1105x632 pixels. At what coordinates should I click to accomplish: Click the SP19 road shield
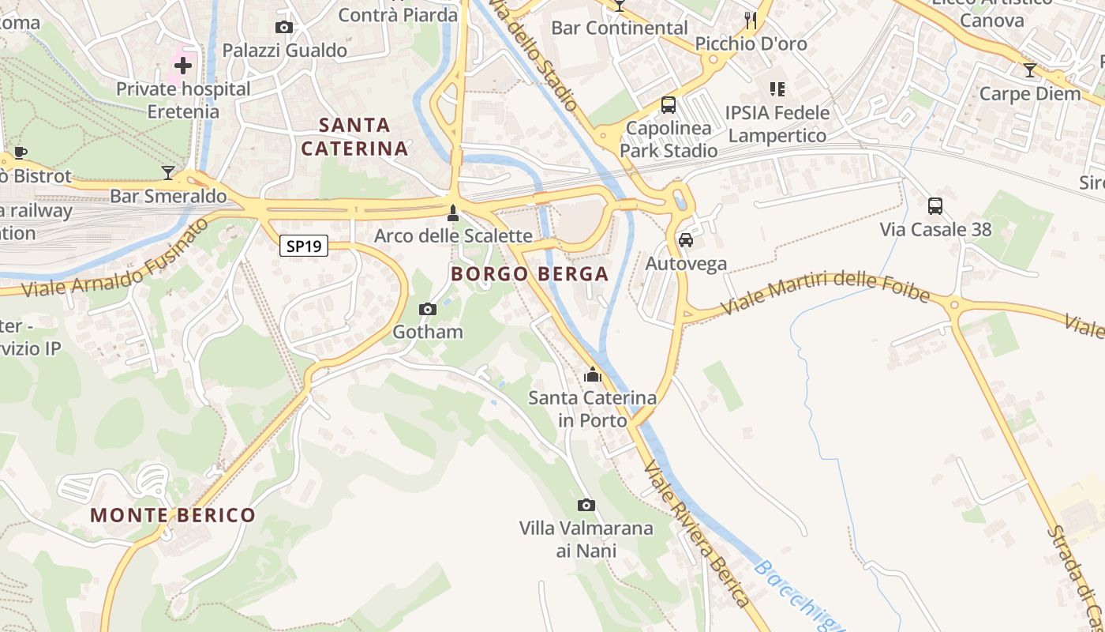click(x=304, y=246)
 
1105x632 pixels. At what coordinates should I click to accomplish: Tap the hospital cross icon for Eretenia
click(x=183, y=65)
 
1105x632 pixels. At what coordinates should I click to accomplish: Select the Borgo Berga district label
click(x=530, y=274)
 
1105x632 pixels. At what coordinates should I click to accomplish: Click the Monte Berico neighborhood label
click(x=173, y=516)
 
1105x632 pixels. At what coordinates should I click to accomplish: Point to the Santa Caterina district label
click(x=355, y=137)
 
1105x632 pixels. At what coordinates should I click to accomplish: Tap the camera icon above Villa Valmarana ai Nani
click(x=586, y=505)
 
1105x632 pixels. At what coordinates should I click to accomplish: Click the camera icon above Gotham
click(x=428, y=309)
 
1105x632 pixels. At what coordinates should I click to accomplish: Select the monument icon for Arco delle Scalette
click(x=452, y=213)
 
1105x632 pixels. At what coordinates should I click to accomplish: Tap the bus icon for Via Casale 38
click(x=935, y=206)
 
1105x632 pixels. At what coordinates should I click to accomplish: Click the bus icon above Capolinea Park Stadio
click(x=669, y=105)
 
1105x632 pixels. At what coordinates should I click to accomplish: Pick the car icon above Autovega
click(x=686, y=240)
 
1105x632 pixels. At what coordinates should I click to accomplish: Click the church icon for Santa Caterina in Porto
click(x=593, y=374)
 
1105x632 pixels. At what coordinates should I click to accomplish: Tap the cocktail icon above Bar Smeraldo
click(x=168, y=172)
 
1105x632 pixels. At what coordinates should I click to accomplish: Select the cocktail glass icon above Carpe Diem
click(x=1030, y=70)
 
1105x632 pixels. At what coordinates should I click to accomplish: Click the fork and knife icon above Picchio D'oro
click(x=751, y=21)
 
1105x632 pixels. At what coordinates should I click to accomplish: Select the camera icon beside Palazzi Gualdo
click(x=284, y=28)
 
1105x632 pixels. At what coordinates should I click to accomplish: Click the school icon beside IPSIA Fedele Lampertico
click(x=777, y=89)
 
